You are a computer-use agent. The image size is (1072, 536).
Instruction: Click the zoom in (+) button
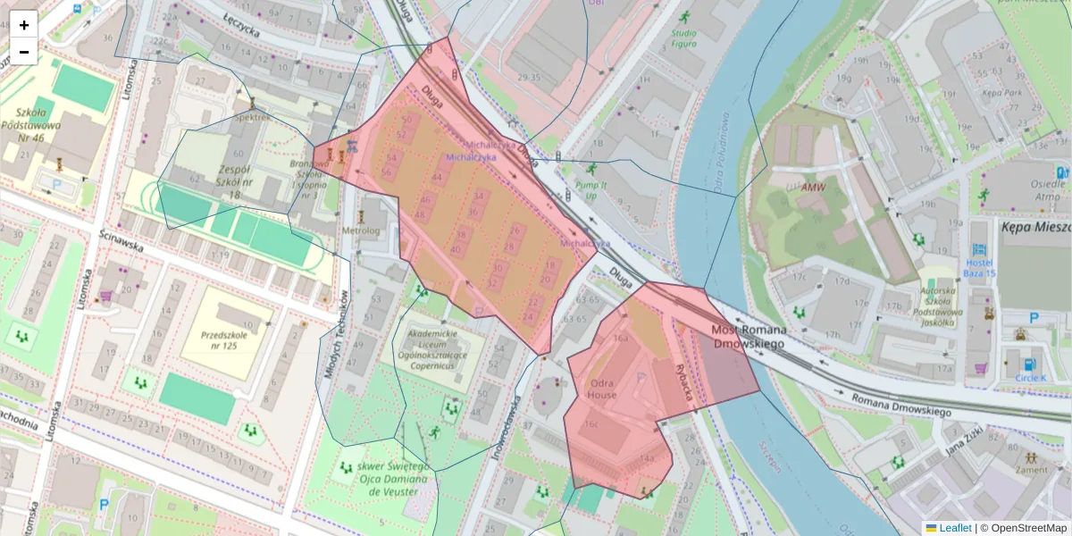(24, 25)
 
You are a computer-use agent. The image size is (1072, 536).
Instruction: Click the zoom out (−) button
(24, 52)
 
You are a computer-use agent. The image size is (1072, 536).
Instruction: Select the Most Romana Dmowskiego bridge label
(748, 337)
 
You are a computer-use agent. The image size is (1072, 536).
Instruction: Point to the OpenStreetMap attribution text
(1023, 528)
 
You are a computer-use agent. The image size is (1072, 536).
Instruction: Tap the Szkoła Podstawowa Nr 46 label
(31, 125)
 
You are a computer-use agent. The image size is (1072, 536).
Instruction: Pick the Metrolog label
(361, 230)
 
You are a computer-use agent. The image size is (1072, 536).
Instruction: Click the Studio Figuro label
(684, 38)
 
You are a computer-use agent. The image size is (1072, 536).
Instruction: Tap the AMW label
(813, 188)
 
